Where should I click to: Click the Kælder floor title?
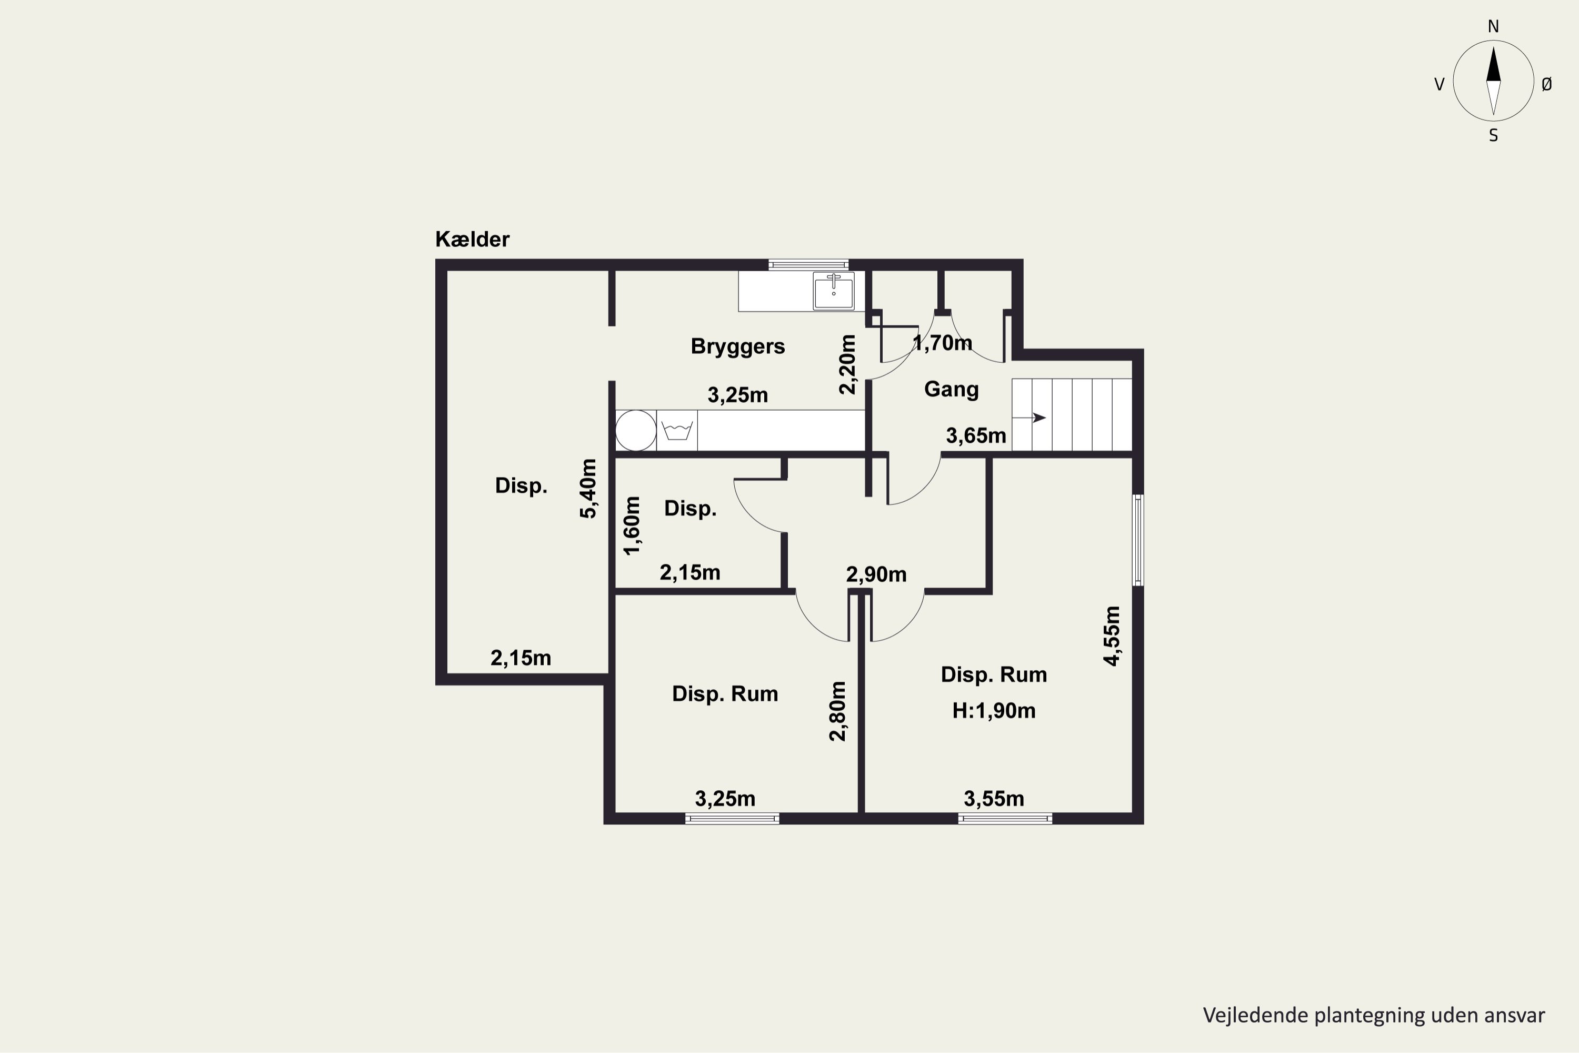point(472,239)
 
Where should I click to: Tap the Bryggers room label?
point(737,347)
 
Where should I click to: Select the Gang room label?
point(951,390)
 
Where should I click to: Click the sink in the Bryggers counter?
point(833,291)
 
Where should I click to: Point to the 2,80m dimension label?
point(837,711)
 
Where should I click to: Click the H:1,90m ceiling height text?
point(994,710)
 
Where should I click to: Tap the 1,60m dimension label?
point(632,526)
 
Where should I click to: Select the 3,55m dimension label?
point(994,799)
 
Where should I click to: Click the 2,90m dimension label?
point(876,575)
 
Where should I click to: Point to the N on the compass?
point(1493,27)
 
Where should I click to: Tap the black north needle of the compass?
point(1493,64)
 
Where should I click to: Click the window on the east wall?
point(1138,540)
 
